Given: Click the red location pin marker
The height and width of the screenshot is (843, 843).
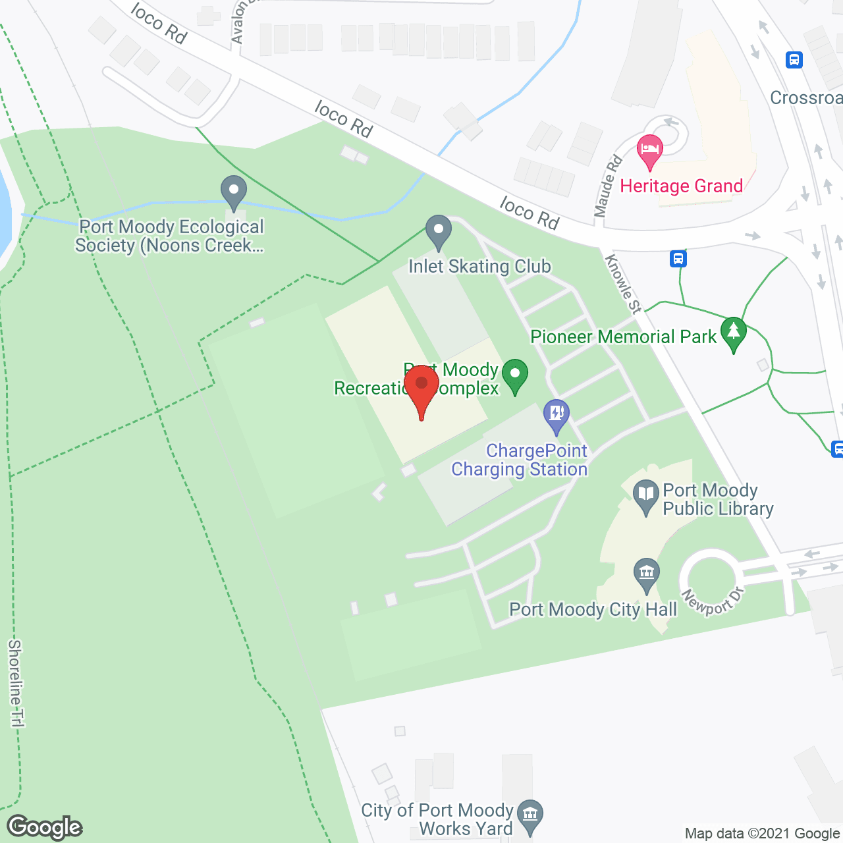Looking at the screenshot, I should point(421,387).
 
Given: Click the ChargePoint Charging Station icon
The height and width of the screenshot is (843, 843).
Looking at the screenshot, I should point(557,415).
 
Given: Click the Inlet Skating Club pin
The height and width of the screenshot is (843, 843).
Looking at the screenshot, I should point(438,231).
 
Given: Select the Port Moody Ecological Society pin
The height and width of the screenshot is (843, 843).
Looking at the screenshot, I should point(233,192).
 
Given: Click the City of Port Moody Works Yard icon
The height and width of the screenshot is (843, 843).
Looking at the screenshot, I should point(530,815).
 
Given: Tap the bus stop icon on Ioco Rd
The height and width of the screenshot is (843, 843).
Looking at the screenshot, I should point(678,258).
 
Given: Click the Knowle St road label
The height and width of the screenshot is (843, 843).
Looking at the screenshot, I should point(623,284).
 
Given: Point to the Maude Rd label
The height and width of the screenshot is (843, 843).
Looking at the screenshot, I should point(608,186).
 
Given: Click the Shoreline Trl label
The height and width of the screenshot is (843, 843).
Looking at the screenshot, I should point(15,683).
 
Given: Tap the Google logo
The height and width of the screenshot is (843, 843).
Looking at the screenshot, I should point(45,827).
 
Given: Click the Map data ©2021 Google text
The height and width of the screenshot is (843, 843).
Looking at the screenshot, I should point(762,834).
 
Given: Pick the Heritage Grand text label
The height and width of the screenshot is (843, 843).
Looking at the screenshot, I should point(682,186).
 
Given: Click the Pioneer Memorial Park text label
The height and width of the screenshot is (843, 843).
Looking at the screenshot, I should point(623,337).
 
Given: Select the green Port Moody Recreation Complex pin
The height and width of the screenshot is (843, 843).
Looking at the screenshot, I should point(515,375).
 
